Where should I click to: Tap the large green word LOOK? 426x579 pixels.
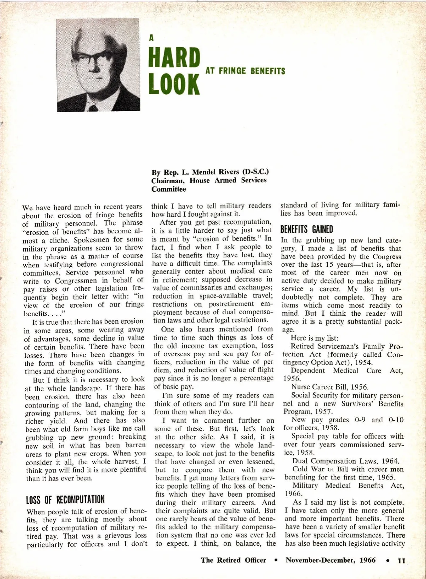(174, 84)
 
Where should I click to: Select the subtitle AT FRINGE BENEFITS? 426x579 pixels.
(245, 71)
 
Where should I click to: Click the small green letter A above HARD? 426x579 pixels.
(152, 38)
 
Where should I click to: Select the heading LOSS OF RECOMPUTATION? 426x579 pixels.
(65, 500)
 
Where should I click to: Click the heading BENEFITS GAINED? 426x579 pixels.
(307, 229)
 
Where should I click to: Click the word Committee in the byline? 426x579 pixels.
(169, 189)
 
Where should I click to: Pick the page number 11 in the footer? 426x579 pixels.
(401, 561)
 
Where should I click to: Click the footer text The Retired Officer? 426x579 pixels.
(233, 560)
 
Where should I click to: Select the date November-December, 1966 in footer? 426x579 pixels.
(331, 560)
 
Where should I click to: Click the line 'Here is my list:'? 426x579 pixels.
(315, 338)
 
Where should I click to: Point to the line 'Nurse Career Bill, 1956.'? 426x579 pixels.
(330, 387)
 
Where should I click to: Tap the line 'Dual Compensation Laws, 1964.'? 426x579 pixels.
(346, 461)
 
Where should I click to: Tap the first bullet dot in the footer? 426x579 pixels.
(276, 560)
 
